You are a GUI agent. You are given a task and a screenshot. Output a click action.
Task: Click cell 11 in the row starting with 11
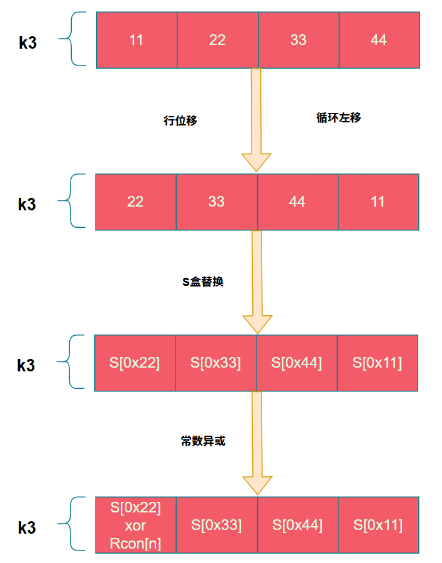click(137, 40)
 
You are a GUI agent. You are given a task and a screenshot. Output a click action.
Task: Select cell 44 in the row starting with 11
click(379, 40)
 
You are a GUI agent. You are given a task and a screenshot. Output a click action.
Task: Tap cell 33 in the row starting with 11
click(298, 40)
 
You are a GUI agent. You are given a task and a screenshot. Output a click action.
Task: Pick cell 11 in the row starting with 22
click(378, 202)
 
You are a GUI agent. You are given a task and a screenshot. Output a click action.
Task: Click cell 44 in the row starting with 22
click(297, 202)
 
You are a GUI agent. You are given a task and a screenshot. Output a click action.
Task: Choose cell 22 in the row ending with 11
click(135, 202)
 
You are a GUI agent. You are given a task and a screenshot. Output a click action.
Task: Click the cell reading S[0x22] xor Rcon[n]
click(135, 525)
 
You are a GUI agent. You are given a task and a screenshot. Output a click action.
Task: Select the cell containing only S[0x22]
click(135, 363)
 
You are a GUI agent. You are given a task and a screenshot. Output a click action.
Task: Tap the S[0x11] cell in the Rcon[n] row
click(378, 525)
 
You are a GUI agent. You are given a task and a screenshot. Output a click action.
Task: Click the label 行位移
click(180, 121)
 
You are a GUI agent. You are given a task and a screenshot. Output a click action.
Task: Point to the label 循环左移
click(339, 118)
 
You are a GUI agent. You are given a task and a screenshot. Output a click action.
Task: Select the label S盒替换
click(203, 281)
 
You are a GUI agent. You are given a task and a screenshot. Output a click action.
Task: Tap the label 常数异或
click(203, 441)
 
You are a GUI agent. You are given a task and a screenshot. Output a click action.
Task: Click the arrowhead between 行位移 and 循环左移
click(257, 161)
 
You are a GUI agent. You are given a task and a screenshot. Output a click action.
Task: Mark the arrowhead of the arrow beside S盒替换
click(257, 323)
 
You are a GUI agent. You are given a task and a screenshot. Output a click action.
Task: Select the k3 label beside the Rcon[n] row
click(27, 527)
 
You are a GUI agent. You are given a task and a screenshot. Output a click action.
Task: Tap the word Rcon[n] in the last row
click(135, 543)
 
